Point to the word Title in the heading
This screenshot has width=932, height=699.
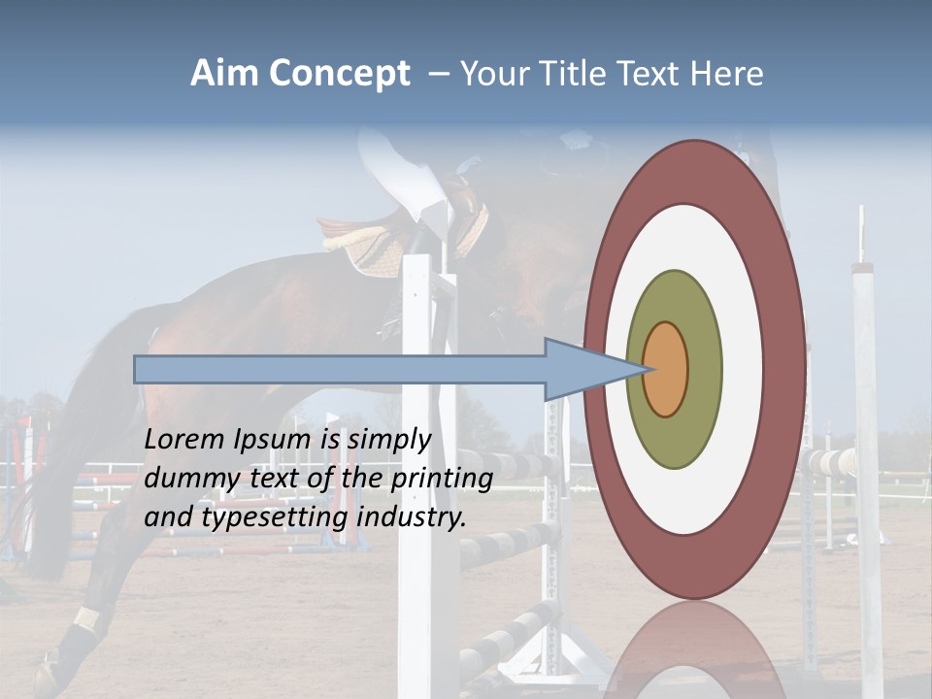pos(571,74)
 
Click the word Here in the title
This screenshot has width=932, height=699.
pos(727,74)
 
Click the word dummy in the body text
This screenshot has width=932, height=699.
pos(185,479)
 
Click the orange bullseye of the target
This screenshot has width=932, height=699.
pos(666,369)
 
